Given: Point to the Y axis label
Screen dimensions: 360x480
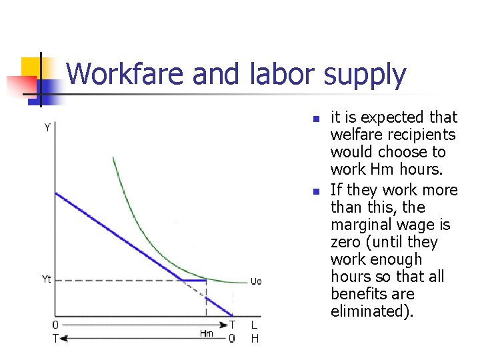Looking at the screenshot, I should coord(47,127).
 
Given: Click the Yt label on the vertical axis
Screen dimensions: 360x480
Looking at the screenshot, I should coord(47,279).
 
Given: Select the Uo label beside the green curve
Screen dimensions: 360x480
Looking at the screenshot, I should coord(256,281).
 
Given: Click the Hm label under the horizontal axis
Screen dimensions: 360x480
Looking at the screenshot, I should coord(207,333).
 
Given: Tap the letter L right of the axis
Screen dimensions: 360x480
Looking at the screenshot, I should coord(254,325).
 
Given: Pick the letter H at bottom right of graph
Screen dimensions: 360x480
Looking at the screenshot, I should coord(254,339).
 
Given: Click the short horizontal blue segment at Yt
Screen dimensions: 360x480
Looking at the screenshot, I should coord(193,280).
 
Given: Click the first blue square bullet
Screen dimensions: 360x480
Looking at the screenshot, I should coord(316,119).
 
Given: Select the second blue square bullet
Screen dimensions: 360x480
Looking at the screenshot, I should coord(316,191).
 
